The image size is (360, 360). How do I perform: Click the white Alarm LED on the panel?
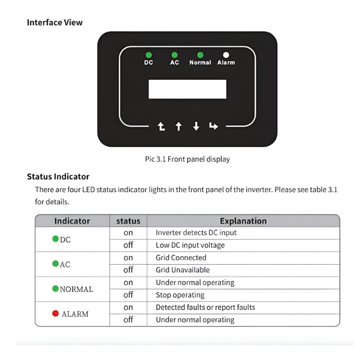click(x=226, y=55)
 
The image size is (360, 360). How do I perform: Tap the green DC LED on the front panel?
click(x=148, y=55)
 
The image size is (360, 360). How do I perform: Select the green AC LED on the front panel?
click(x=175, y=55)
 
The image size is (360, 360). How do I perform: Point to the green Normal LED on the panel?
click(x=200, y=55)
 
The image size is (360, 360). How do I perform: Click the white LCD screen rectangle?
click(x=187, y=89)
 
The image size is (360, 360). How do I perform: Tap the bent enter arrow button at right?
click(x=214, y=126)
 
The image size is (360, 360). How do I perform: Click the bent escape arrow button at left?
click(x=161, y=126)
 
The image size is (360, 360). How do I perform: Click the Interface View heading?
click(x=54, y=22)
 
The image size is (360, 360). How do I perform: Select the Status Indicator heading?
click(x=58, y=176)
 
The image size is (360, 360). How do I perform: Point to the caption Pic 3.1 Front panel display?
click(x=187, y=159)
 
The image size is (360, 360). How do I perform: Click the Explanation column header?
click(x=243, y=221)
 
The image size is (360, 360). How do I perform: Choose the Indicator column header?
click(x=72, y=221)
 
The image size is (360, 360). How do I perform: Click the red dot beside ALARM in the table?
click(x=55, y=314)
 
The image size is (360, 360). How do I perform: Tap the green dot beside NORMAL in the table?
click(x=55, y=288)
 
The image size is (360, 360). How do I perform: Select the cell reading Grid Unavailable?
click(x=182, y=270)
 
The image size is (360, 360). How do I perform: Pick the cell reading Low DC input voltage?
click(x=190, y=245)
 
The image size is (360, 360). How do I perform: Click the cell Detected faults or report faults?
click(x=205, y=307)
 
